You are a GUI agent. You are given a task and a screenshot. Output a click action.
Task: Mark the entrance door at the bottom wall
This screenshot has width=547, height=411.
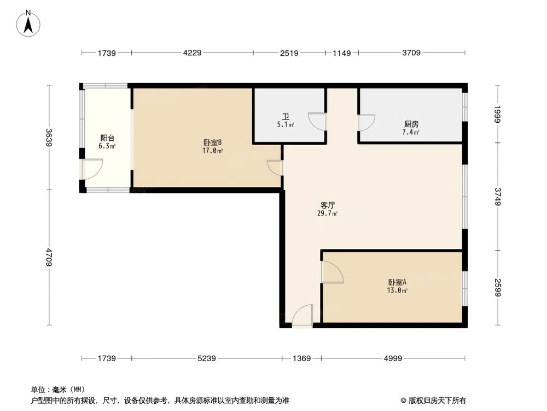(x=302, y=317)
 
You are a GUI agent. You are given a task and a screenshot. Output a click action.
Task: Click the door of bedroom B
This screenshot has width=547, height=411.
(x=276, y=167)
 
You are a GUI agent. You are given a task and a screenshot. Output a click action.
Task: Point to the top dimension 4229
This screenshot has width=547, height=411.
(x=192, y=53)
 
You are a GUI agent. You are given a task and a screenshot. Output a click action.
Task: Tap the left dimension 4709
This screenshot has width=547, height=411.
(x=49, y=258)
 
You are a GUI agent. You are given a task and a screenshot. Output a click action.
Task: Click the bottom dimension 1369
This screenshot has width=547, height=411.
(x=301, y=358)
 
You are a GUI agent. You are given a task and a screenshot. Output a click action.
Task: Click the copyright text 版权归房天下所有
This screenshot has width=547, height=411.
(x=436, y=400)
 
